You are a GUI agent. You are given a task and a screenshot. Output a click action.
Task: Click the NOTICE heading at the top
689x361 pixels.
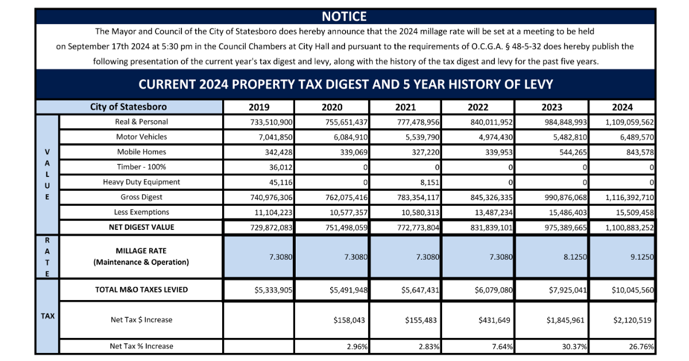click(344, 16)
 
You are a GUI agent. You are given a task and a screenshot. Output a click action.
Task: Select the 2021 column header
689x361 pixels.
click(405, 107)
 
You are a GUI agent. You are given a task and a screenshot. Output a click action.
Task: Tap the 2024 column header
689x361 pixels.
click(622, 107)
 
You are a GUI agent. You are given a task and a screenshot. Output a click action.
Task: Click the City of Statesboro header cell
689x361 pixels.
click(128, 107)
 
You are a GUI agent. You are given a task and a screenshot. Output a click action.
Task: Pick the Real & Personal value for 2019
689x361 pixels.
click(271, 122)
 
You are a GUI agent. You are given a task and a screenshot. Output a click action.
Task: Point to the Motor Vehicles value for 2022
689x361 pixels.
click(496, 137)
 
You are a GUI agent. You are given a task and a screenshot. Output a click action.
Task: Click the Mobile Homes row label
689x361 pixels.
click(141, 152)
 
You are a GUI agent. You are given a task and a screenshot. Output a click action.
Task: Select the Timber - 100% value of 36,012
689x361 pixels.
click(281, 167)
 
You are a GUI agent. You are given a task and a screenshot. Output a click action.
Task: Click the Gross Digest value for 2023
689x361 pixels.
click(566, 197)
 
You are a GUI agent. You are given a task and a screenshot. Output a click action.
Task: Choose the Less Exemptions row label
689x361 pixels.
click(141, 212)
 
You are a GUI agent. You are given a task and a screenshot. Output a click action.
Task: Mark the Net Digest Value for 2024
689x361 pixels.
click(629, 228)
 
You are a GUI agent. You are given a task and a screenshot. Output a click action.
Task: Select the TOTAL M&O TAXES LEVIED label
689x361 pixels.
click(141, 290)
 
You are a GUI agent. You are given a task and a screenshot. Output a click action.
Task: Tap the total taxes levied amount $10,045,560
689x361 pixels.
click(632, 290)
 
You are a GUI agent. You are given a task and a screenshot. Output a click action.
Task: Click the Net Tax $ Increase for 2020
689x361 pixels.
click(349, 320)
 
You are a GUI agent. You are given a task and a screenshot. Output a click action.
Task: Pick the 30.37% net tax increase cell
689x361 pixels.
click(574, 347)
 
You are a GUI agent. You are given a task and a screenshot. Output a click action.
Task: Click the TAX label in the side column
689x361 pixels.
click(48, 316)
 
